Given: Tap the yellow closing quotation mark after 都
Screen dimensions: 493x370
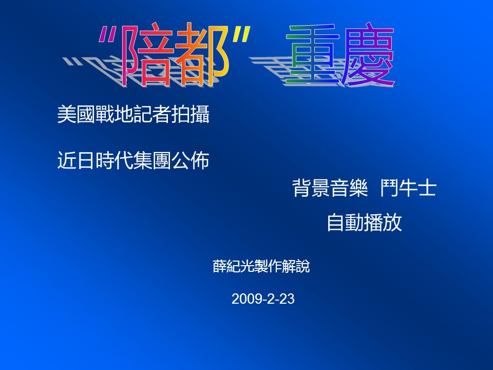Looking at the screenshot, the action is point(241,34).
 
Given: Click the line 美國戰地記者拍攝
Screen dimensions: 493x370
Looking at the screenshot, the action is point(134,114).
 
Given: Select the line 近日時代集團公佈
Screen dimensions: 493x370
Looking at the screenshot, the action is point(134,160).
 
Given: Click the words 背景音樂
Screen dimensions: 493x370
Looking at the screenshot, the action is point(330,188).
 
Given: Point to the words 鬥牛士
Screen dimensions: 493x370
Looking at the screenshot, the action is point(408,188).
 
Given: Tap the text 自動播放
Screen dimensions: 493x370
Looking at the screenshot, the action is point(365,223).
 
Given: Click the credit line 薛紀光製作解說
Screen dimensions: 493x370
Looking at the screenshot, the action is point(261,266).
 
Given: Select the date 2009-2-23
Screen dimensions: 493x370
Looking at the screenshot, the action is point(263,299).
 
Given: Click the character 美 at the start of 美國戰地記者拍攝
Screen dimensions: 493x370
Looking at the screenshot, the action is point(67,114).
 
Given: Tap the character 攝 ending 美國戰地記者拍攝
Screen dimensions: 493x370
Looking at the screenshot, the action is point(200,114).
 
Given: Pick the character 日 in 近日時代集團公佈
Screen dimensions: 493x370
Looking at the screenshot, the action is point(86,160).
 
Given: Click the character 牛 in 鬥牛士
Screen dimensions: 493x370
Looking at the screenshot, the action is point(408,188).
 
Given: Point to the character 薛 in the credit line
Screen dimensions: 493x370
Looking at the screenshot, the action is point(220,266).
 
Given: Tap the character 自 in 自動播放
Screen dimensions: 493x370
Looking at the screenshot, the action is point(336,223).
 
